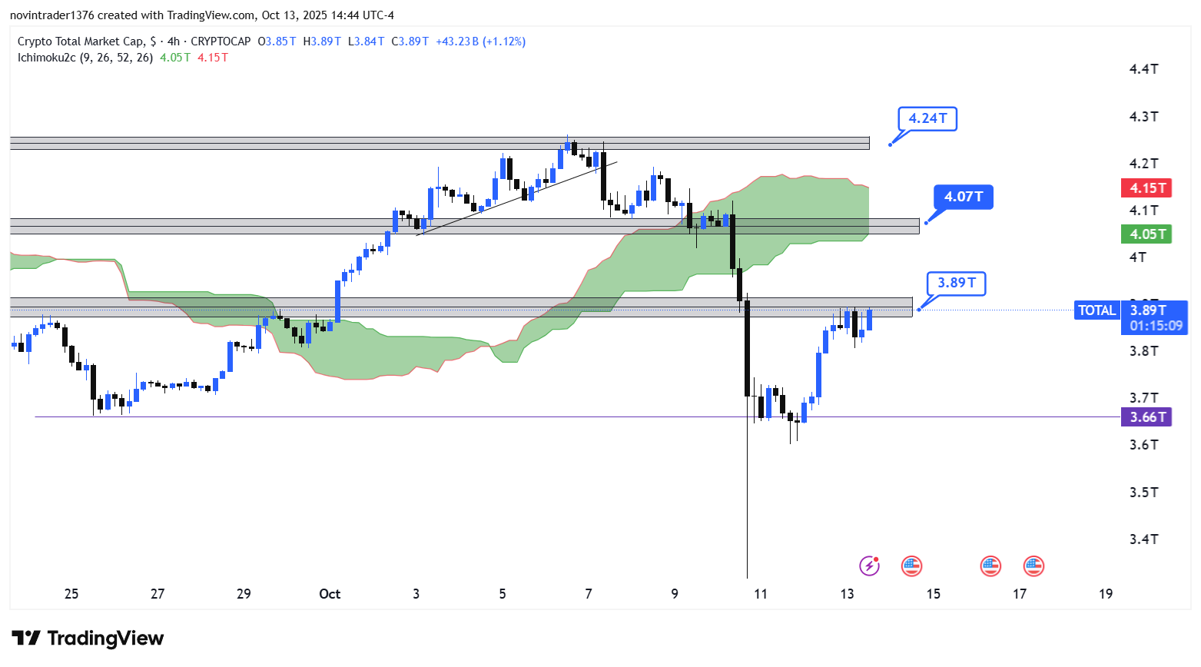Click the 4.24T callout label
point(927,118)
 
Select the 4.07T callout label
point(964,197)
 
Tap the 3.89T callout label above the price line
point(956,283)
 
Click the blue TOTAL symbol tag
point(1096,310)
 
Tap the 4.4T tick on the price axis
point(1143,69)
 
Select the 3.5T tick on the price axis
point(1143,493)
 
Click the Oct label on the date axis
point(330,594)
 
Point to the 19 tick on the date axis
point(1106,594)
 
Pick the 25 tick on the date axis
point(71,594)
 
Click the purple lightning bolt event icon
point(869,566)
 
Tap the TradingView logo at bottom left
point(88,639)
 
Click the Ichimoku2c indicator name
point(47,58)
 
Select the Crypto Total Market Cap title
point(81,41)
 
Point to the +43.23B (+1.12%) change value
point(480,41)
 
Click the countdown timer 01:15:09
point(1156,326)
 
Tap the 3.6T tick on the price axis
point(1143,445)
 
